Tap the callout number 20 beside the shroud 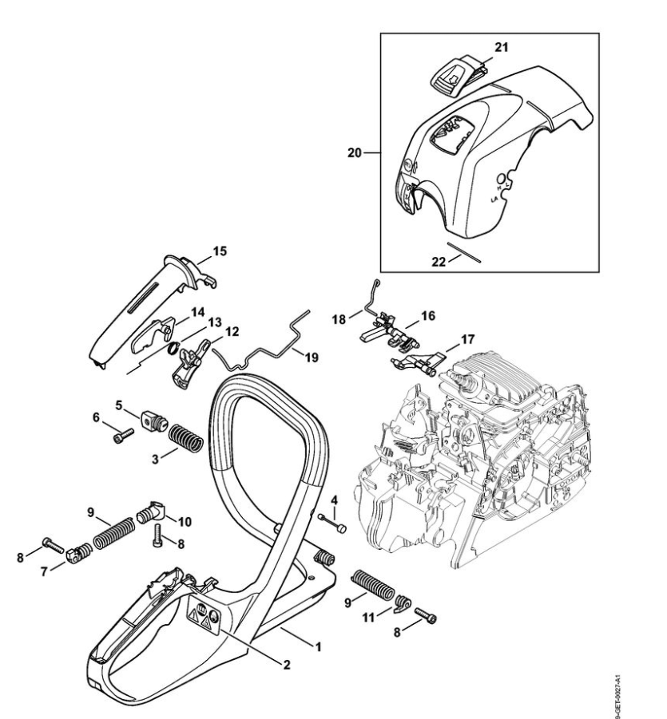pyautogui.click(x=355, y=152)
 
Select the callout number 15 pyautogui.click(x=220, y=251)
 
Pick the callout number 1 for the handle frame pyautogui.click(x=319, y=646)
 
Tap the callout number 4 pyautogui.click(x=334, y=501)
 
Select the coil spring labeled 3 pyautogui.click(x=187, y=437)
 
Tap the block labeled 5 pyautogui.click(x=152, y=419)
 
